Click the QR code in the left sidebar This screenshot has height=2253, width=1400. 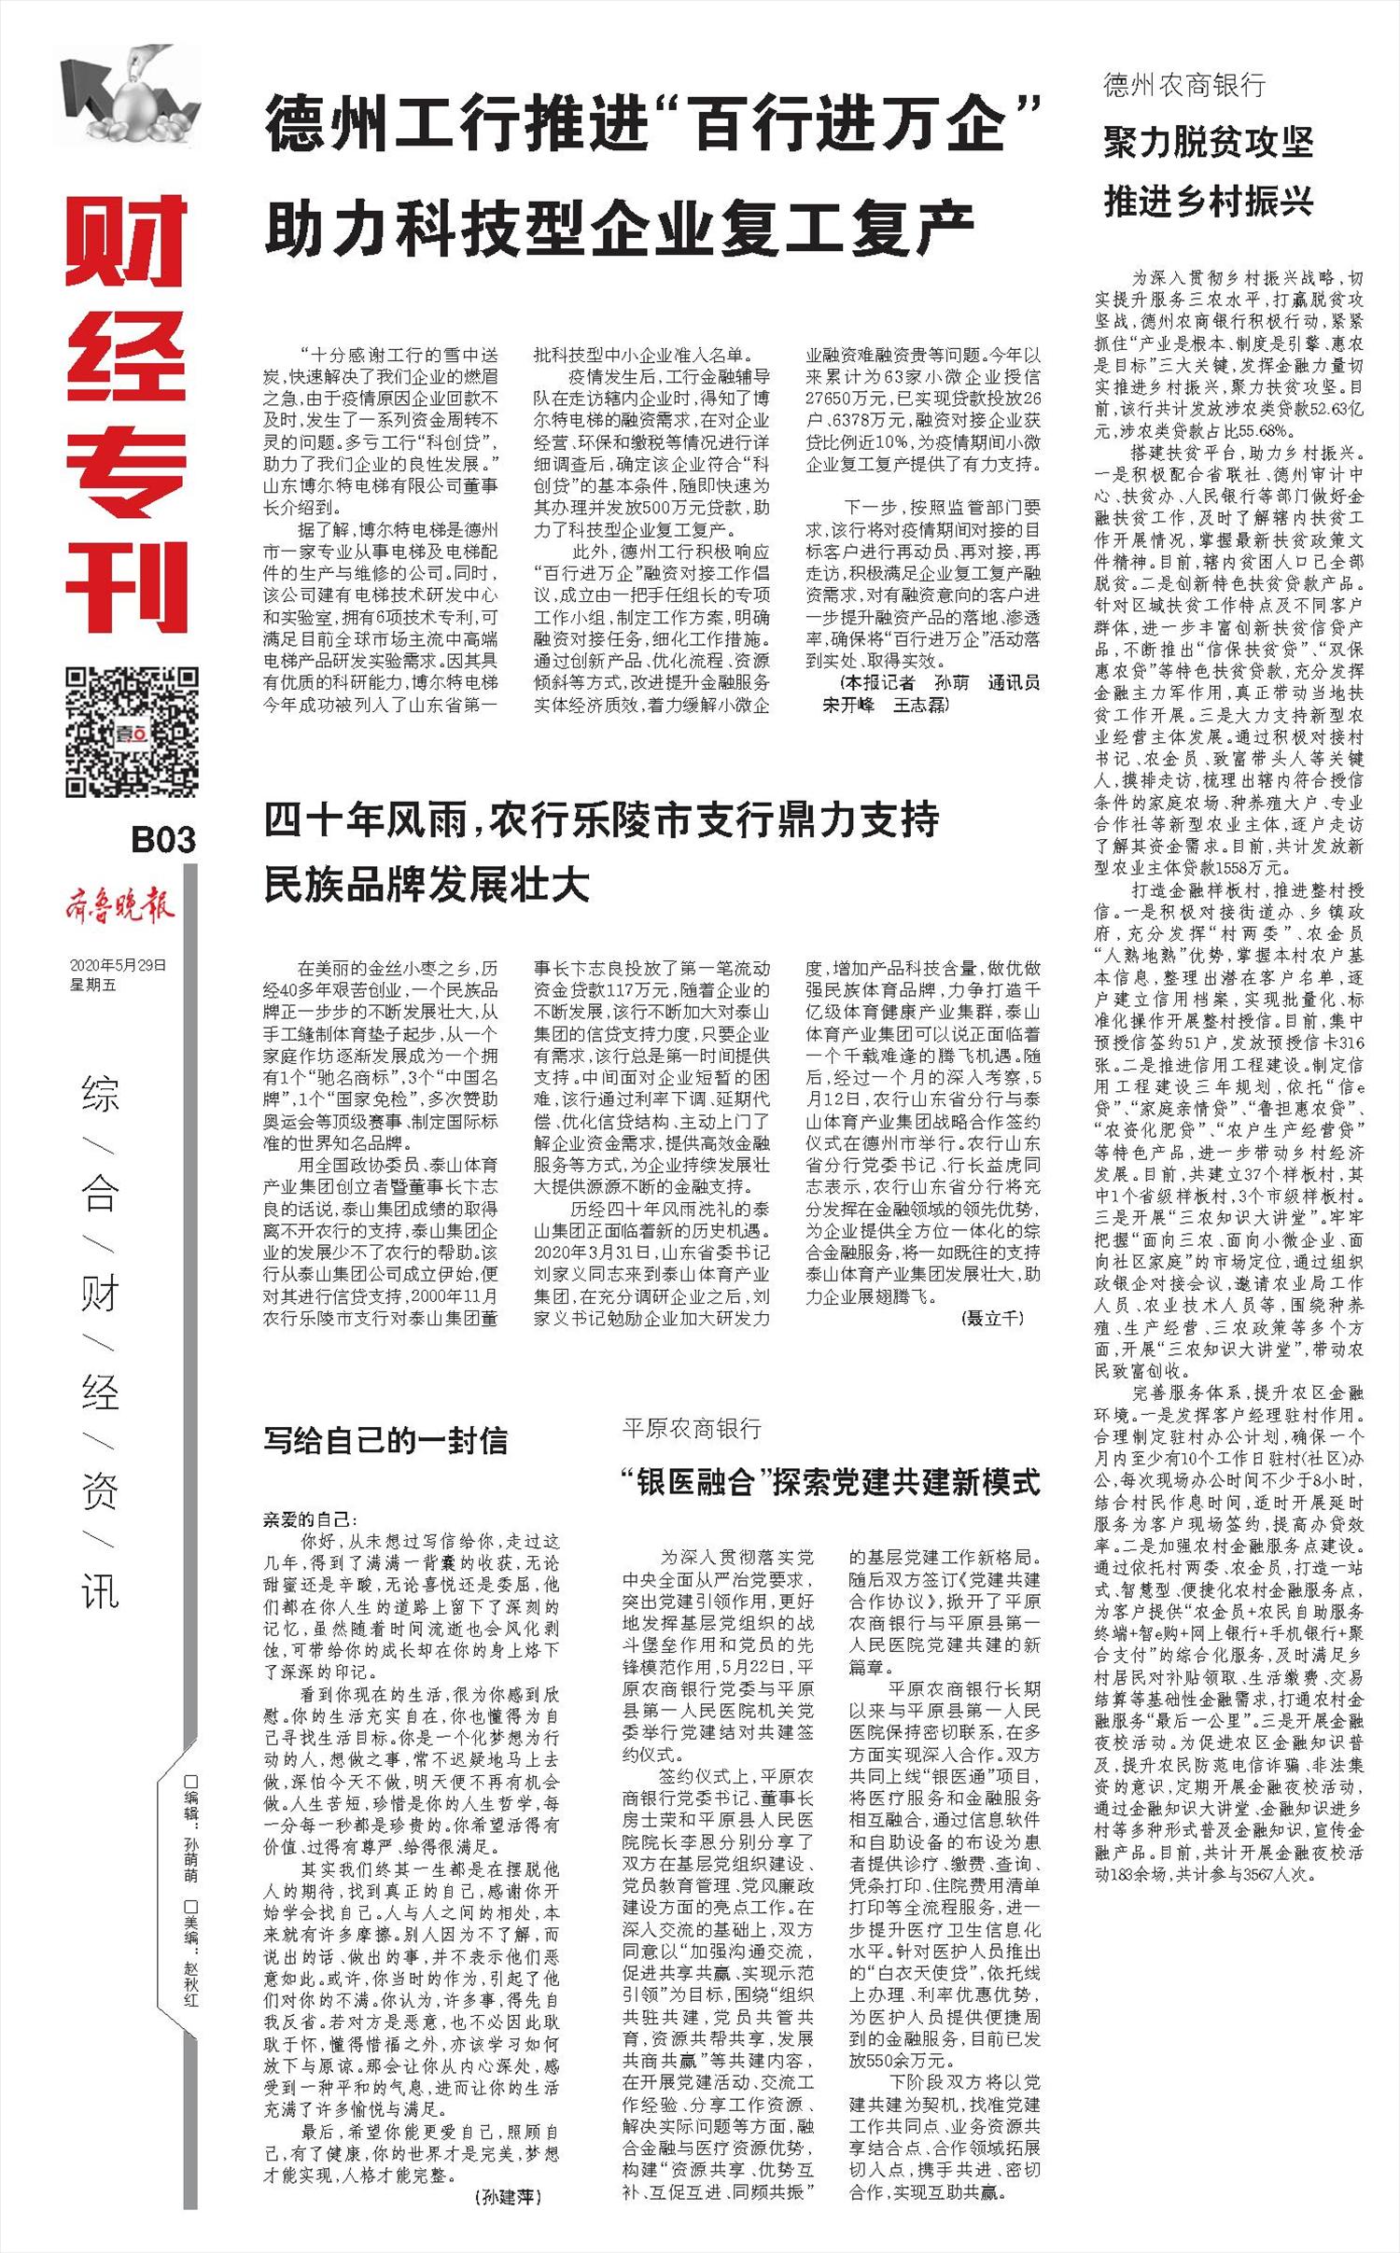click(x=131, y=732)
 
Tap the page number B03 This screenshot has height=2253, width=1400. click(x=162, y=840)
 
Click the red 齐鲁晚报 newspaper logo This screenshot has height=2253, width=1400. click(x=119, y=905)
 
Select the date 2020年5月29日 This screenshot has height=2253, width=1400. click(x=118, y=965)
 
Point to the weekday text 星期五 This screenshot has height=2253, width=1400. click(x=92, y=985)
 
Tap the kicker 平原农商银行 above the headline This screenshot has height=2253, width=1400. click(x=692, y=1428)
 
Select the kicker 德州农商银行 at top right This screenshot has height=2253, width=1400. click(x=1184, y=86)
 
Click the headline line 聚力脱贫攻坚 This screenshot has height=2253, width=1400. click(x=1209, y=142)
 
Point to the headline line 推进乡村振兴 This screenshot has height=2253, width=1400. click(x=1209, y=201)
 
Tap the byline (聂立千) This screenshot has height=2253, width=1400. click(x=992, y=1318)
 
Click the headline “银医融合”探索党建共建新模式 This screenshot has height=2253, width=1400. click(x=831, y=1481)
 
